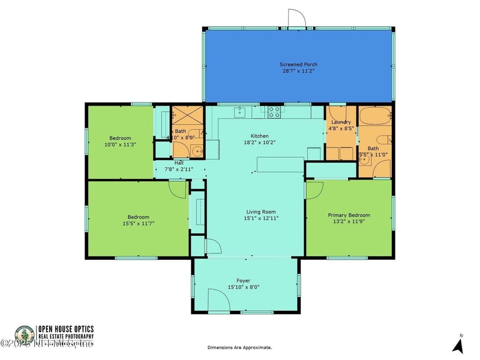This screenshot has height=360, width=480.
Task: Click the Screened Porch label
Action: [298, 64]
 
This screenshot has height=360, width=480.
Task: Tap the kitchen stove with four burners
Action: [274, 110]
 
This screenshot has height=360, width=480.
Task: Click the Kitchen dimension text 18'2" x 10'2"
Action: [259, 143]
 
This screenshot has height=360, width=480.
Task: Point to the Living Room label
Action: [260, 212]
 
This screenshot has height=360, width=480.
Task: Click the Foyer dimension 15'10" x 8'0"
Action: [243, 287]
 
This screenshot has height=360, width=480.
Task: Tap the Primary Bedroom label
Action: [349, 215]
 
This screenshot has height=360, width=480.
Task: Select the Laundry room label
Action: [341, 122]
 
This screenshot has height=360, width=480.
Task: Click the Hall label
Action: [179, 163]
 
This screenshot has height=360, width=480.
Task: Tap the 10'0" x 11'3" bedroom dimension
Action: [121, 143]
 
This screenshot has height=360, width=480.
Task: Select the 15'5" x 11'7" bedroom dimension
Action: [138, 224]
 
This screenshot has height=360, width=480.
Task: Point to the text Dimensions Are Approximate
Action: [239, 347]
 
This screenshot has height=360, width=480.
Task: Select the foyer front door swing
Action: [219, 299]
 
